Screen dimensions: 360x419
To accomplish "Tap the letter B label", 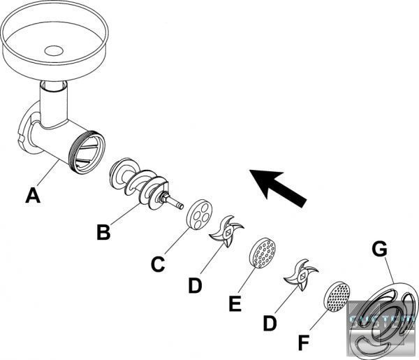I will click(x=103, y=232).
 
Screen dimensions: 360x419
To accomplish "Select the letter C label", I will click(x=158, y=264).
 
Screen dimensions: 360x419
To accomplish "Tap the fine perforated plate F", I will click(x=336, y=296).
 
